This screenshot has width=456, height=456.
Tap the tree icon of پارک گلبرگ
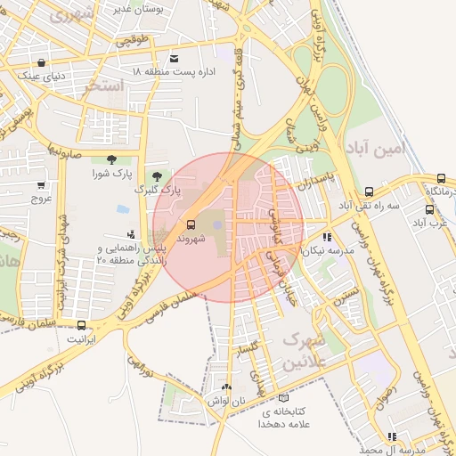(x=158, y=175)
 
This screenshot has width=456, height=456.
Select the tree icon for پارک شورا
(x=110, y=159)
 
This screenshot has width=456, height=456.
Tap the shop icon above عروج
(x=41, y=185)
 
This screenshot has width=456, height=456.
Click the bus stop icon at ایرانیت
(x=82, y=325)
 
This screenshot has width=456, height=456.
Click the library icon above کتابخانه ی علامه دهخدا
(x=283, y=398)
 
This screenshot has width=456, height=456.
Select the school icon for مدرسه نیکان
(x=327, y=237)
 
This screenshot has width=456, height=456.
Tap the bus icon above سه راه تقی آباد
(x=369, y=191)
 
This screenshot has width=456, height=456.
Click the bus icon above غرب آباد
(x=429, y=210)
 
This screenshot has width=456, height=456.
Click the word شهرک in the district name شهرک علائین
(x=303, y=342)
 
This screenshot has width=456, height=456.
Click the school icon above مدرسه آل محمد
(x=391, y=436)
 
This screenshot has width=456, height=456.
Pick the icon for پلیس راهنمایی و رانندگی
(x=132, y=259)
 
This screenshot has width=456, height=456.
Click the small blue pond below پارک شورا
(x=122, y=209)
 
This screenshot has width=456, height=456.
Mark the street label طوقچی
(x=129, y=41)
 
